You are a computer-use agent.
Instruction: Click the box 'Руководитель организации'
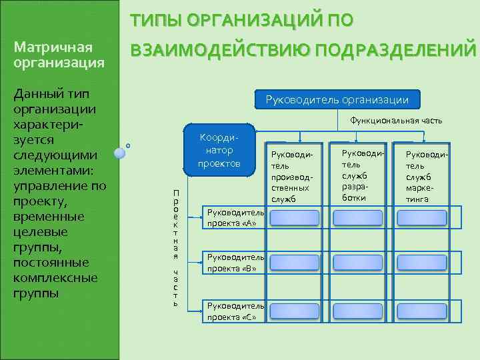click(x=337, y=100)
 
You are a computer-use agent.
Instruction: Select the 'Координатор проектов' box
click(x=219, y=150)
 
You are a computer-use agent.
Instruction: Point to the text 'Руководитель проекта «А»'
click(x=236, y=218)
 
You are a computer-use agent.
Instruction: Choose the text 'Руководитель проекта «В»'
click(x=236, y=263)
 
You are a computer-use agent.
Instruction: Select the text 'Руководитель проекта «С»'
click(x=236, y=311)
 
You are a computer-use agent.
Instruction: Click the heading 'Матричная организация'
click(x=59, y=55)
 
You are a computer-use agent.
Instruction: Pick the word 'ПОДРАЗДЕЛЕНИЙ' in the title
click(x=393, y=51)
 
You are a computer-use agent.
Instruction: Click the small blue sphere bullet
click(x=120, y=153)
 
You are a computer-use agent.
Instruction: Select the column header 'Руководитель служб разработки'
click(x=359, y=172)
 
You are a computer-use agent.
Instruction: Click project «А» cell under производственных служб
click(x=294, y=218)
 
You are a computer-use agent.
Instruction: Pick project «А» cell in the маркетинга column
click(x=423, y=218)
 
